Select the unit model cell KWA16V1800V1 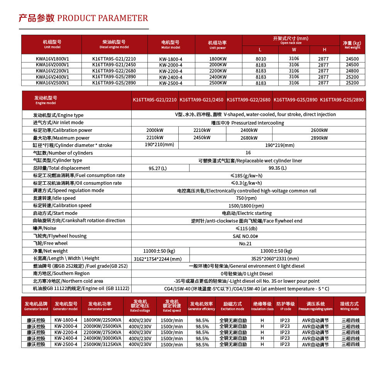(x=52, y=59)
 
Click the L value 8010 (x=261, y=59)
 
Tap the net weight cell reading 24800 (x=352, y=71)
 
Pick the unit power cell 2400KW (x=218, y=77)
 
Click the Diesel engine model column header (x=114, y=44)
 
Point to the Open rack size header (x=291, y=40)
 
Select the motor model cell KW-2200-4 (x=171, y=71)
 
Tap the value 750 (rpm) (x=248, y=198)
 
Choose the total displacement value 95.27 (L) (x=158, y=168)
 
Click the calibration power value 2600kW (x=319, y=130)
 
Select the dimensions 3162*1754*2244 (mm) (x=157, y=259)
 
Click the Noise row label (x=45, y=228)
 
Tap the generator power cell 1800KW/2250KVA (x=102, y=320)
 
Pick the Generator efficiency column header (x=201, y=306)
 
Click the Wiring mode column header (x=349, y=306)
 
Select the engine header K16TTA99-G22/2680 (x=249, y=100)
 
